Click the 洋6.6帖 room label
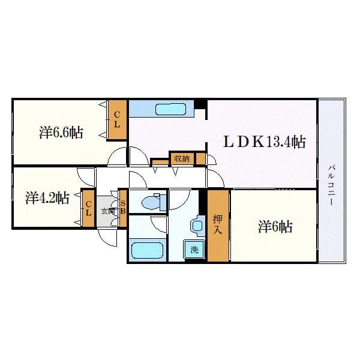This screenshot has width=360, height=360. click(61, 133)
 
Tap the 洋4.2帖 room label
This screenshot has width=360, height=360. click(47, 197)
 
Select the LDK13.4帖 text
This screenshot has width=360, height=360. click(265, 142)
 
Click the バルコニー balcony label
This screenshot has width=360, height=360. click(331, 186)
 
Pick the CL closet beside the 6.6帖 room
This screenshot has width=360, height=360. click(118, 120)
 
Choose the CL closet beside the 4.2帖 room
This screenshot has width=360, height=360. click(88, 208)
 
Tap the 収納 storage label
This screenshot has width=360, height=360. click(181, 158)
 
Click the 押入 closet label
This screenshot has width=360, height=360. click(218, 225)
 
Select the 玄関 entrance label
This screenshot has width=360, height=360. click(107, 211)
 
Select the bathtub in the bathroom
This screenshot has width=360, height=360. click(147, 250)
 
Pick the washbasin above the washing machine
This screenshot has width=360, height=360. click(197, 226)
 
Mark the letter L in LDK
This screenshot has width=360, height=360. click(230, 142)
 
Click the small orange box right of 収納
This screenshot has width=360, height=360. click(200, 159)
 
